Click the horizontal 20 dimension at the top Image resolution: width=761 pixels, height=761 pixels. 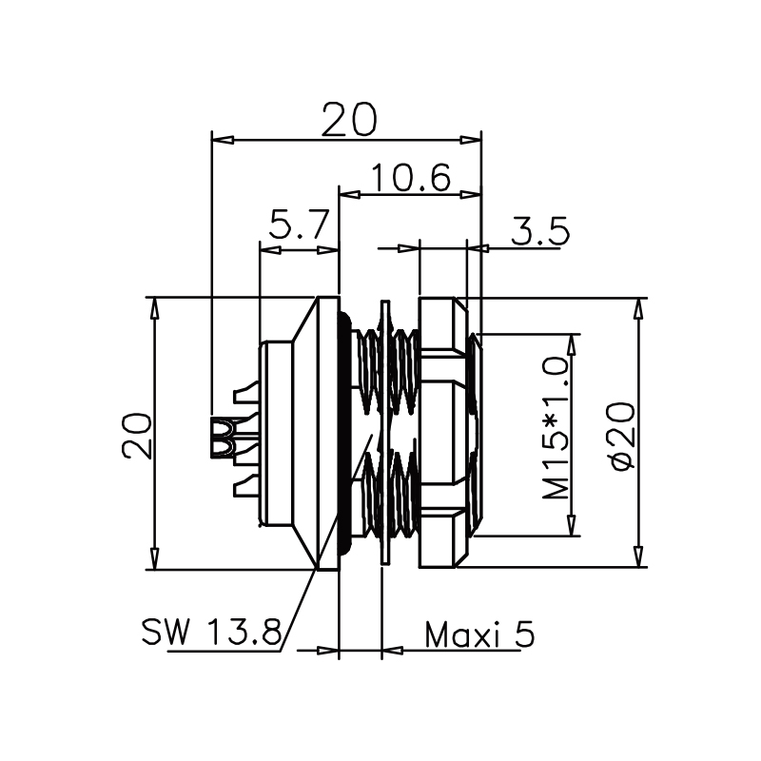tap(349, 120)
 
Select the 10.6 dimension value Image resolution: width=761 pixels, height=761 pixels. tap(410, 178)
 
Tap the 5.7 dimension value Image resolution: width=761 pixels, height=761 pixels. tap(299, 228)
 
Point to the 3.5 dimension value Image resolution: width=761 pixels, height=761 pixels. tap(539, 231)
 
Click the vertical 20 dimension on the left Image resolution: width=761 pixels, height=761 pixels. tap(135, 437)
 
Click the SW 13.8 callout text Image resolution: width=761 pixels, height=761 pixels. tap(211, 631)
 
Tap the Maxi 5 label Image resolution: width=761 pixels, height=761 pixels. tap(478, 634)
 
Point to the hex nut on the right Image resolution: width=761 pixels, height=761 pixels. tap(442, 433)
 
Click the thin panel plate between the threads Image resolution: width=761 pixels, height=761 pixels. tap(383, 433)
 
